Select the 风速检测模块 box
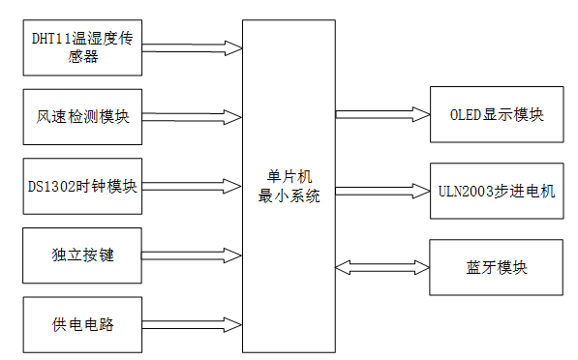click(x=82, y=116)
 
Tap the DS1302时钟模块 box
click(x=82, y=186)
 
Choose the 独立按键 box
click(x=82, y=255)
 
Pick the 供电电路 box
click(x=82, y=324)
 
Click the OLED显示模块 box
click(x=496, y=115)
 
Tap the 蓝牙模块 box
click(x=496, y=267)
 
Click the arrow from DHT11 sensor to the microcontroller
click(x=192, y=46)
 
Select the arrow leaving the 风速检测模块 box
click(x=192, y=116)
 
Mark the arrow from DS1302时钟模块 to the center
click(x=192, y=186)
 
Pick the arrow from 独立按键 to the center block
click(x=192, y=255)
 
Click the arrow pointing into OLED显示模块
click(x=382, y=115)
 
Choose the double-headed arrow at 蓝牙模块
click(x=382, y=267)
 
